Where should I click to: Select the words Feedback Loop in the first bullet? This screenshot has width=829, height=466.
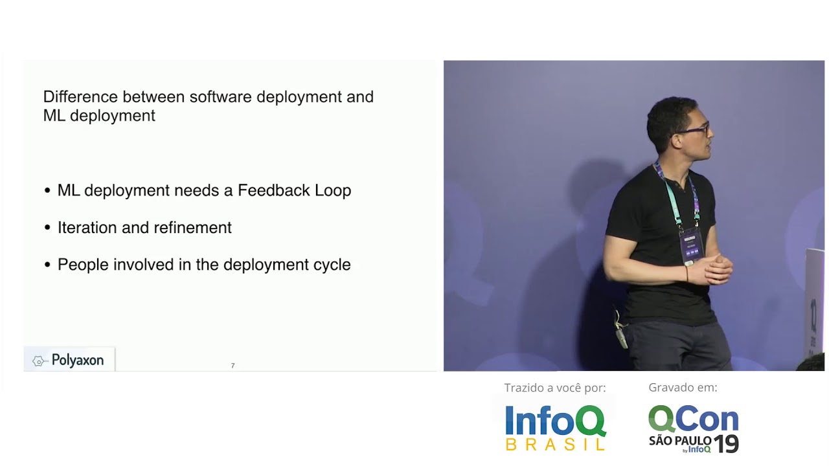pos(294,190)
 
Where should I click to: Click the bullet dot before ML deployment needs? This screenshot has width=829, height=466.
pos(47,191)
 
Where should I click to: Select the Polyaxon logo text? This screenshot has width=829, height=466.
pos(77,361)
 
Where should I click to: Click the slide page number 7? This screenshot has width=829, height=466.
pos(233,366)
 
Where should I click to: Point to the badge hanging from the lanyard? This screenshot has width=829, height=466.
pos(690,245)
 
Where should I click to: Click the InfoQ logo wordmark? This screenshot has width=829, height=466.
pos(555,421)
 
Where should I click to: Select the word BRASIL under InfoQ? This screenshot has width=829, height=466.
pos(555,445)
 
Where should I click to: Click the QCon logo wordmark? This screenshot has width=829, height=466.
pos(693,419)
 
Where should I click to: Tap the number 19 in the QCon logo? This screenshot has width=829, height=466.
pos(726,444)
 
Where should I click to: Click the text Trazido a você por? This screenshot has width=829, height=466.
pos(555,388)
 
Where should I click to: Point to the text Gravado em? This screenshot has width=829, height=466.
pos(683,388)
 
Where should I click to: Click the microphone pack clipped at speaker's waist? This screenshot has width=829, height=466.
pos(622,335)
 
